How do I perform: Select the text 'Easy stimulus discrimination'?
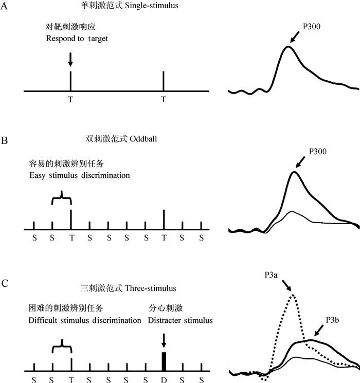click(x=79, y=175)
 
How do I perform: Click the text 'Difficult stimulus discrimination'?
click(x=85, y=320)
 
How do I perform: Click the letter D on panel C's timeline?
click(x=164, y=379)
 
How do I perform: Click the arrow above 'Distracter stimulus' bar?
click(x=164, y=339)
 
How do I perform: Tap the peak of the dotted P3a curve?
click(x=293, y=295)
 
